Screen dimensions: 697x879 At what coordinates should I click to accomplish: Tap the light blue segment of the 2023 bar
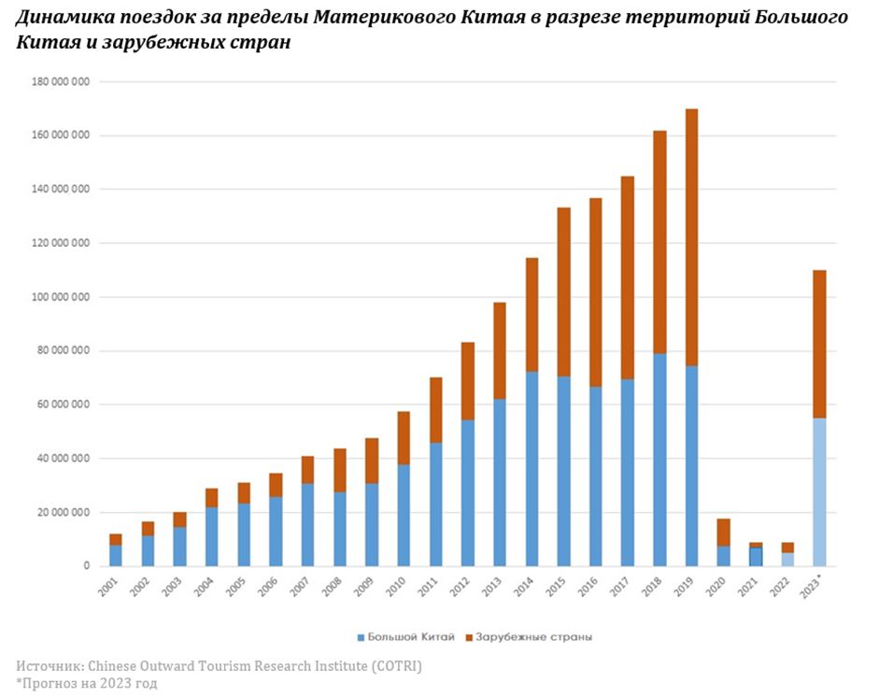pyautogui.click(x=819, y=491)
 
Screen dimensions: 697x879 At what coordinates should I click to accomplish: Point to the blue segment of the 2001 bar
pyautogui.click(x=115, y=555)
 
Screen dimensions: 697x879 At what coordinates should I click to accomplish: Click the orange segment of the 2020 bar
pyautogui.click(x=723, y=532)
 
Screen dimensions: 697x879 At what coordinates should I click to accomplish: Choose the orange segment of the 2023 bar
pyautogui.click(x=819, y=344)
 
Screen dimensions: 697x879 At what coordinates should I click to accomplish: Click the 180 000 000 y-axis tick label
pyautogui.click(x=60, y=81)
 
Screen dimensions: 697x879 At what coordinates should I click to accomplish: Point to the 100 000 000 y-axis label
pyautogui.click(x=60, y=297)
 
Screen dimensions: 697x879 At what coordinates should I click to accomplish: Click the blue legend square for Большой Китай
pyautogui.click(x=361, y=637)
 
